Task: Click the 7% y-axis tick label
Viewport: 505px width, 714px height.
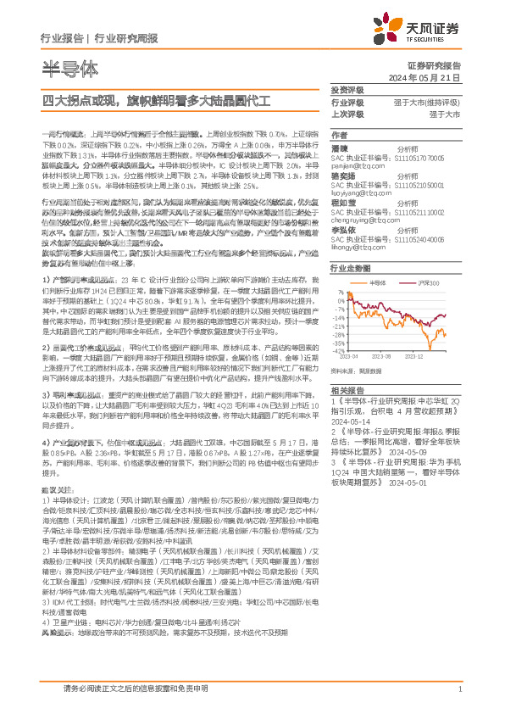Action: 341,293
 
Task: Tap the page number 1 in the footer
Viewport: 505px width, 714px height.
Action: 458,689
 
